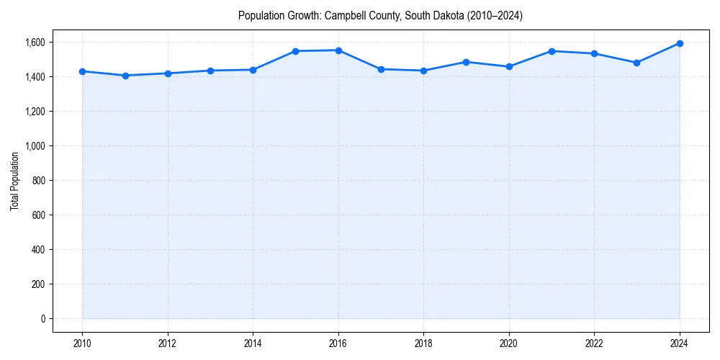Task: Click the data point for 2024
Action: (680, 43)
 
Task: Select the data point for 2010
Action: (82, 71)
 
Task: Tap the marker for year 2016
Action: (338, 50)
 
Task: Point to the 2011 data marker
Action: (125, 76)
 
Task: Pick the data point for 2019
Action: (467, 62)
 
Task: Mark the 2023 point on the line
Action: (637, 63)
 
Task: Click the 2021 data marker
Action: (552, 51)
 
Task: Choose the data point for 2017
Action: (381, 69)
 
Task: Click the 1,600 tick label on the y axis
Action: (34, 42)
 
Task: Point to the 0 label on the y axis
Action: (42, 319)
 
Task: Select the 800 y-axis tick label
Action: (37, 181)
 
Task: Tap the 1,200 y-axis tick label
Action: (34, 112)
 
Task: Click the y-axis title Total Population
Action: (14, 181)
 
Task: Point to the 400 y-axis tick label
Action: (37, 250)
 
